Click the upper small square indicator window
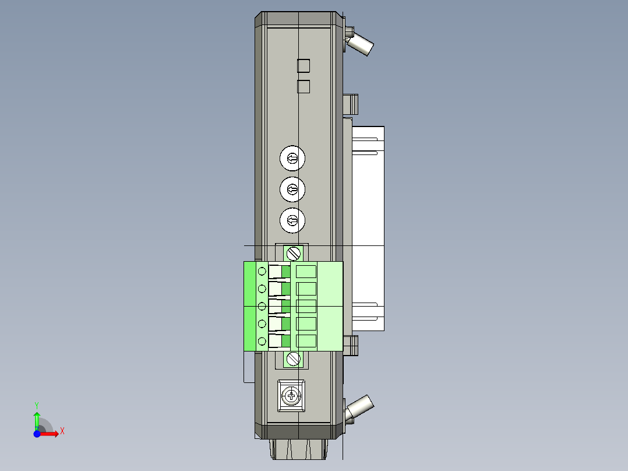(304, 65)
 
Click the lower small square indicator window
(304, 87)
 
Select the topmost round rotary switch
(292, 158)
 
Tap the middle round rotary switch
(292, 189)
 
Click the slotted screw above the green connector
(294, 254)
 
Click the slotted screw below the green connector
(294, 358)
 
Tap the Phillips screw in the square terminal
(291, 396)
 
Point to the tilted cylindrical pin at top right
(361, 44)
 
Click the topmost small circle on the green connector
(262, 271)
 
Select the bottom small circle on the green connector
(262, 341)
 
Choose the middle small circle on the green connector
(262, 306)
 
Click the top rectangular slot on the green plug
(306, 271)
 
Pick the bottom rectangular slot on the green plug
(306, 341)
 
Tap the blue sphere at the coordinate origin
(36, 434)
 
